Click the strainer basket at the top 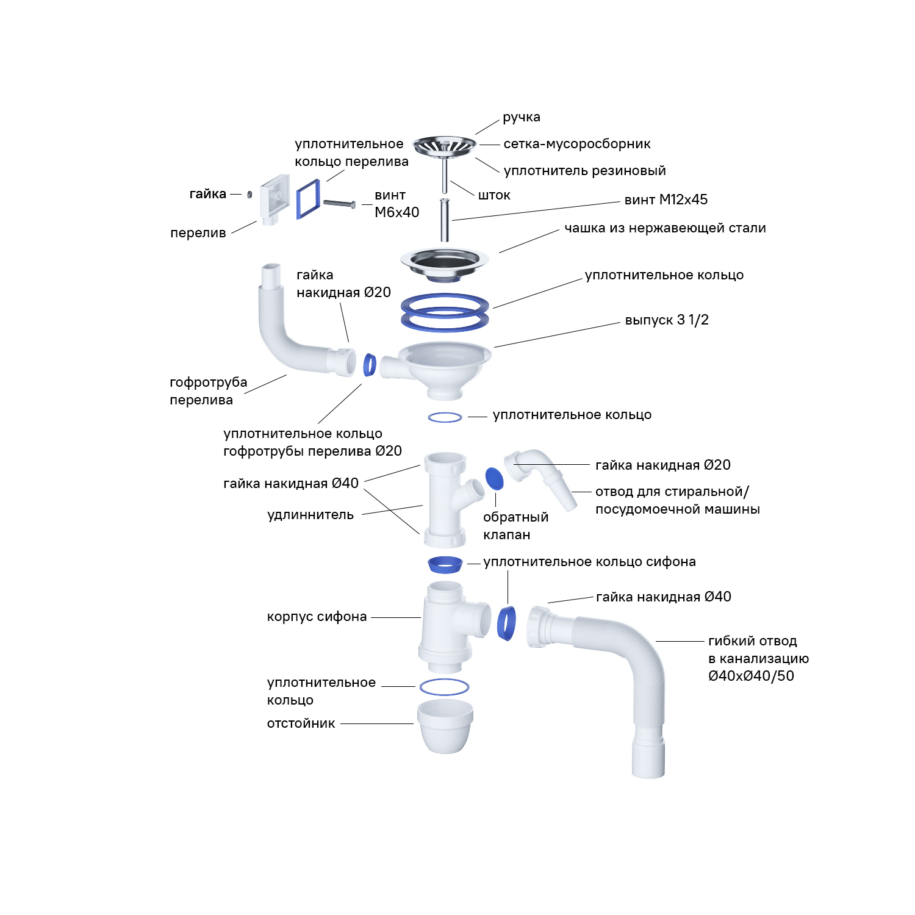pos(444,146)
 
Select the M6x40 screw pos(340,204)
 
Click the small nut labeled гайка pos(249,195)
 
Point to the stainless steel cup pos(444,262)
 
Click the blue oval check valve pos(495,478)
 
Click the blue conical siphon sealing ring pos(445,565)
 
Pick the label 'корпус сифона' pos(317,617)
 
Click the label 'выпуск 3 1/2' pos(667,320)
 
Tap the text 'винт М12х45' pos(666,199)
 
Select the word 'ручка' pos(522,117)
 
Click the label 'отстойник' pos(301,723)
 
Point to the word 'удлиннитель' pos(310,515)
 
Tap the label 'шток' pos(494,195)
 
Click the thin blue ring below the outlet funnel pos(445,417)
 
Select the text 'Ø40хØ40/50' pos(751,676)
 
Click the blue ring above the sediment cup pos(445,687)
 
